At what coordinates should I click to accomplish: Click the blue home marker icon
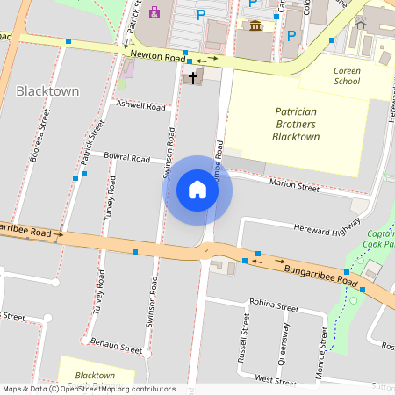[x=197, y=190]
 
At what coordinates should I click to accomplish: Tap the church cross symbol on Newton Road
[x=192, y=78]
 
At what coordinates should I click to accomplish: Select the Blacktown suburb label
[x=47, y=91]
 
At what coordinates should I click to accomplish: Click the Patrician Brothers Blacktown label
[x=296, y=125]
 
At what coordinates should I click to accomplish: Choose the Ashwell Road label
[x=140, y=106]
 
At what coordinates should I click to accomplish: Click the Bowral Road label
[x=127, y=159]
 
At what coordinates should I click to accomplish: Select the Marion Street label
[x=294, y=186]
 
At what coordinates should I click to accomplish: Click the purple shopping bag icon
[x=154, y=12]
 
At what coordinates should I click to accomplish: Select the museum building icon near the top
[x=255, y=25]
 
